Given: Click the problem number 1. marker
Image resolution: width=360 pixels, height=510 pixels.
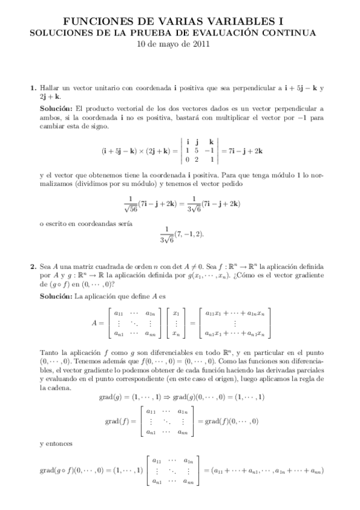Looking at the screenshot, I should [34, 88].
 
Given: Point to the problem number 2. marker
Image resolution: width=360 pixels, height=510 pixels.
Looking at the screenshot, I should [34, 266].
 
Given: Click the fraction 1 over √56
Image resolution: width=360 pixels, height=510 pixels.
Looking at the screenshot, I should [130, 204].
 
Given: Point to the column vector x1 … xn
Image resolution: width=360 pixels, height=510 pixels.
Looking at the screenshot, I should [176, 323].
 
